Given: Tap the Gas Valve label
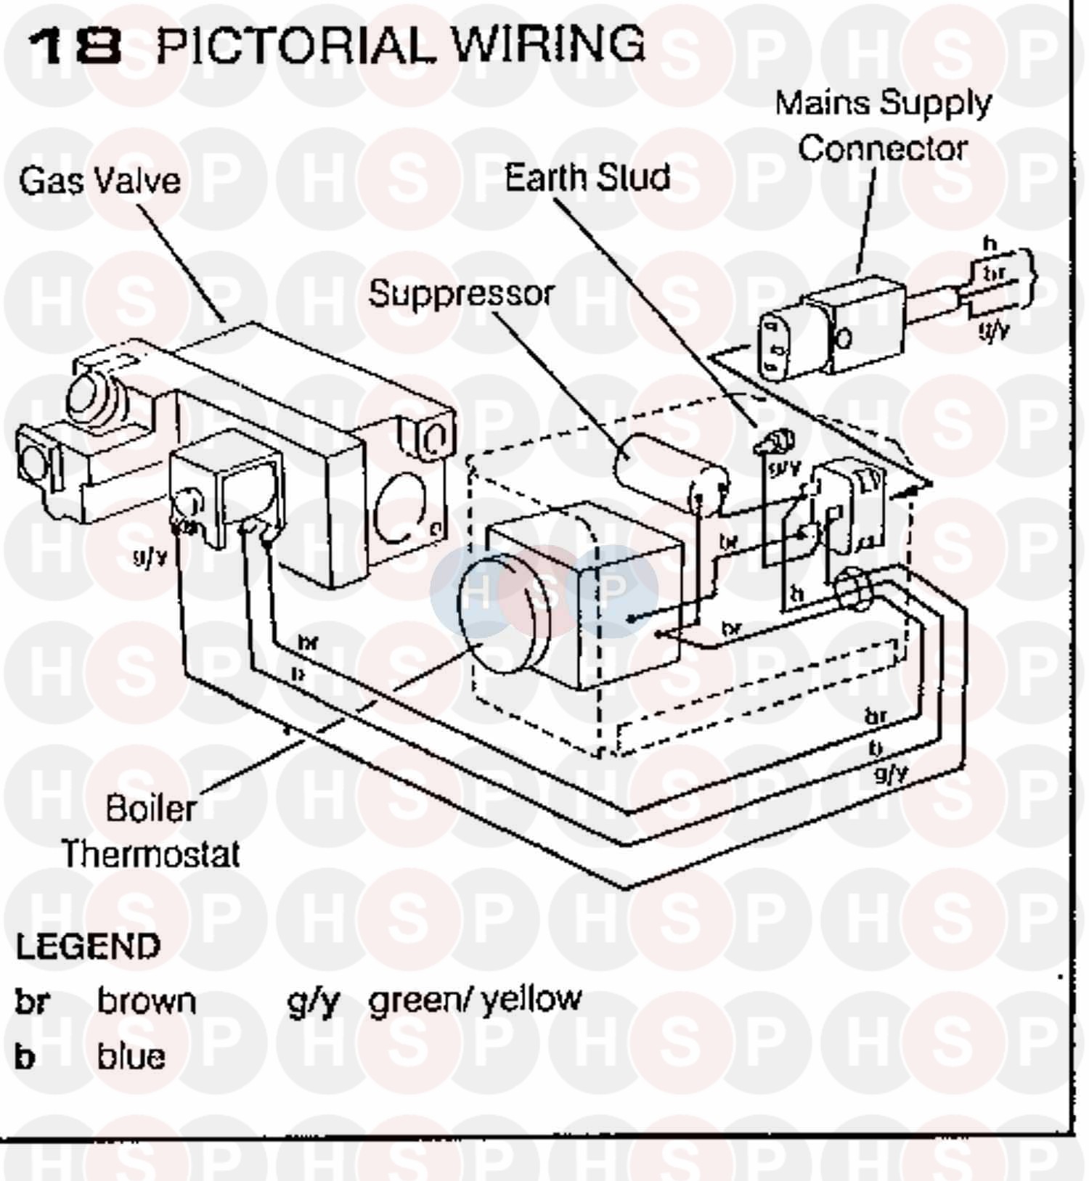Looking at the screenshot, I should tap(100, 180).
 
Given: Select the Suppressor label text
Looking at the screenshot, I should tap(461, 294).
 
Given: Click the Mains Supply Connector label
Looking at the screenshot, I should tap(883, 126).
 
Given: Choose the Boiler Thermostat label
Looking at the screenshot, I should tap(150, 831).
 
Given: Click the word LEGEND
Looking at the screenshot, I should tap(88, 947).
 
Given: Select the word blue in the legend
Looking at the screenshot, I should tap(131, 1056).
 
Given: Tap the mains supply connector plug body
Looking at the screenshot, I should tap(831, 332).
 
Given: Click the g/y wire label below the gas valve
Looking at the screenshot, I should tap(150, 557).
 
